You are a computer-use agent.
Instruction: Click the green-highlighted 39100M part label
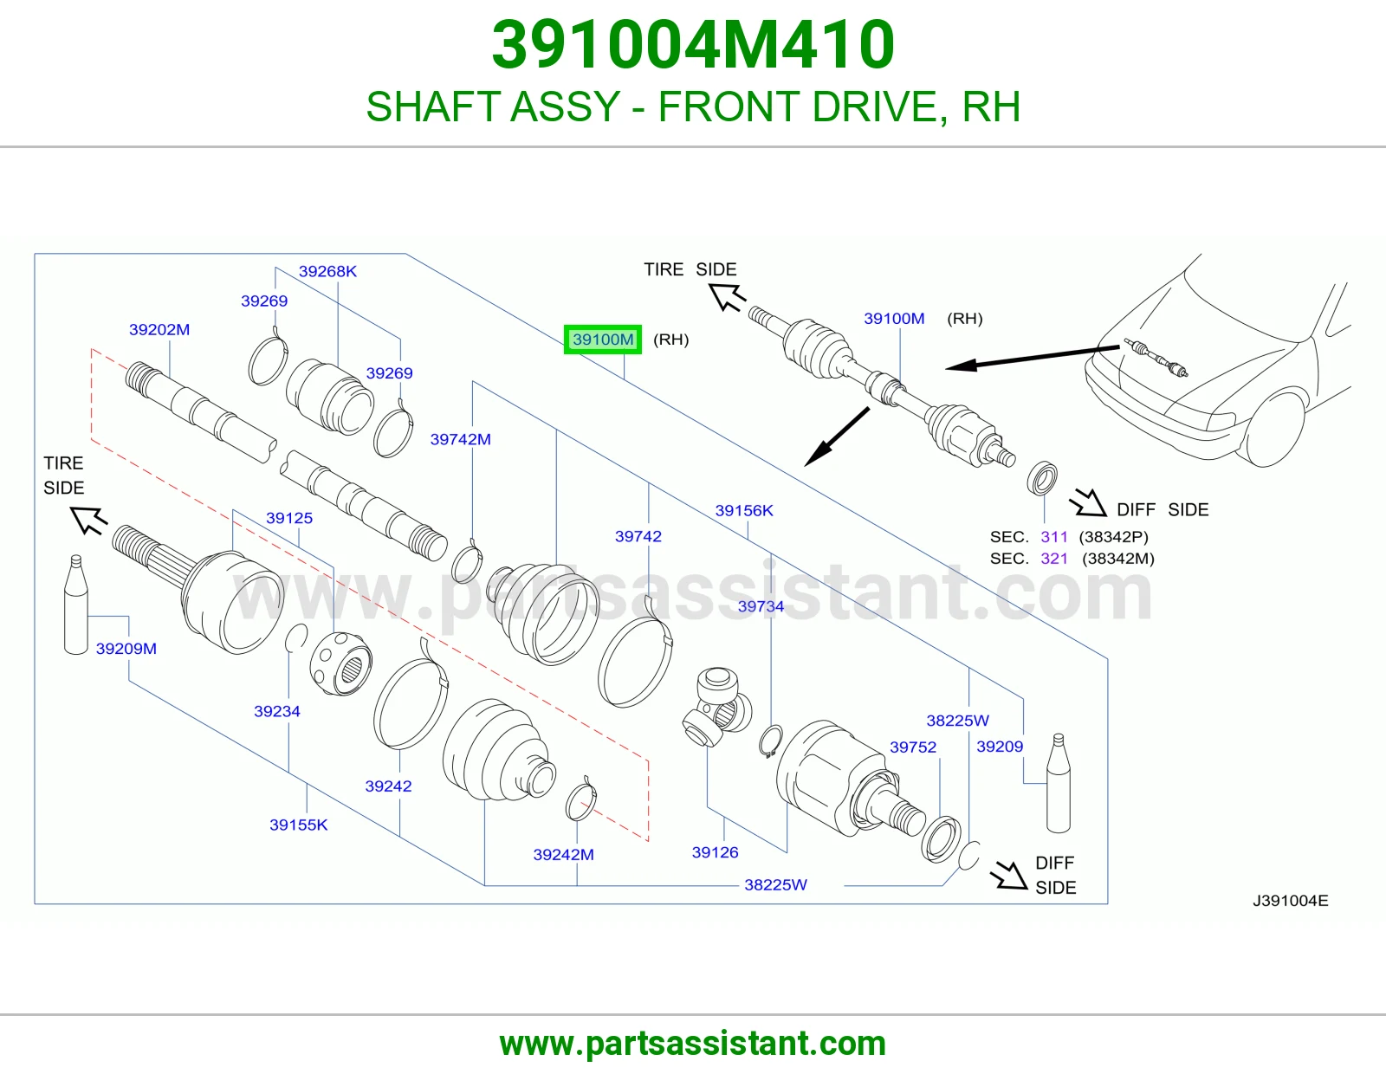coord(603,340)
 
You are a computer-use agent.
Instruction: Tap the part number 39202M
coord(159,330)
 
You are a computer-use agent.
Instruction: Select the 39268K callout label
coord(327,271)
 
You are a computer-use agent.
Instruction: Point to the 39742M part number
coord(461,439)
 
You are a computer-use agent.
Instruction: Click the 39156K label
coord(744,510)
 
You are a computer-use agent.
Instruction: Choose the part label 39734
coord(761,606)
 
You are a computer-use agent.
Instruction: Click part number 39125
coord(289,518)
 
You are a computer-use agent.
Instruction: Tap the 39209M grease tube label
coord(126,649)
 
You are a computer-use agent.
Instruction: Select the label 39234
coord(277,711)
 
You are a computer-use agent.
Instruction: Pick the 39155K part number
coord(299,825)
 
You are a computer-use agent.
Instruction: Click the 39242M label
coord(564,855)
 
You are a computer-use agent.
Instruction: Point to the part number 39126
coord(715,852)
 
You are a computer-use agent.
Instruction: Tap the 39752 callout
coord(913,747)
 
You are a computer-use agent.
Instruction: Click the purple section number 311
coord(1054,537)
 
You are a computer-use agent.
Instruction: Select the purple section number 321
coord(1054,559)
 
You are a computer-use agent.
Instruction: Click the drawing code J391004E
coord(1291,901)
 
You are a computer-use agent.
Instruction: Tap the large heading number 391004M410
coord(693,44)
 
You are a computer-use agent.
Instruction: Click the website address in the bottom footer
coord(693,1044)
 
